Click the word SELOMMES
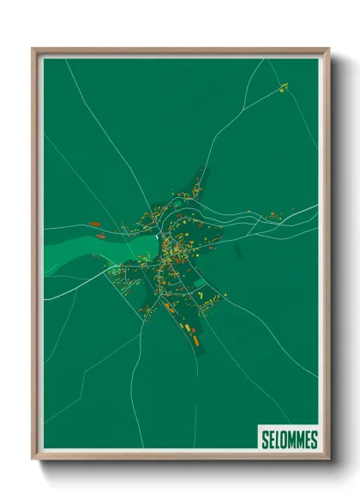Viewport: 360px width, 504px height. tap(289, 440)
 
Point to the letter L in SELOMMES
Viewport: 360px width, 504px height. tap(278, 440)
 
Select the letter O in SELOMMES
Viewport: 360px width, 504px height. tap(285, 440)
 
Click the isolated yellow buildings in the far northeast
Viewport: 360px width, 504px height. tap(283, 86)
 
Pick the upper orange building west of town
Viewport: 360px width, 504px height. tap(94, 224)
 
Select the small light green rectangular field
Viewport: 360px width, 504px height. tap(199, 284)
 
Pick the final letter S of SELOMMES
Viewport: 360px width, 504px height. tap(314, 440)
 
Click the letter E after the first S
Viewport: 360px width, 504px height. tap(272, 440)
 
